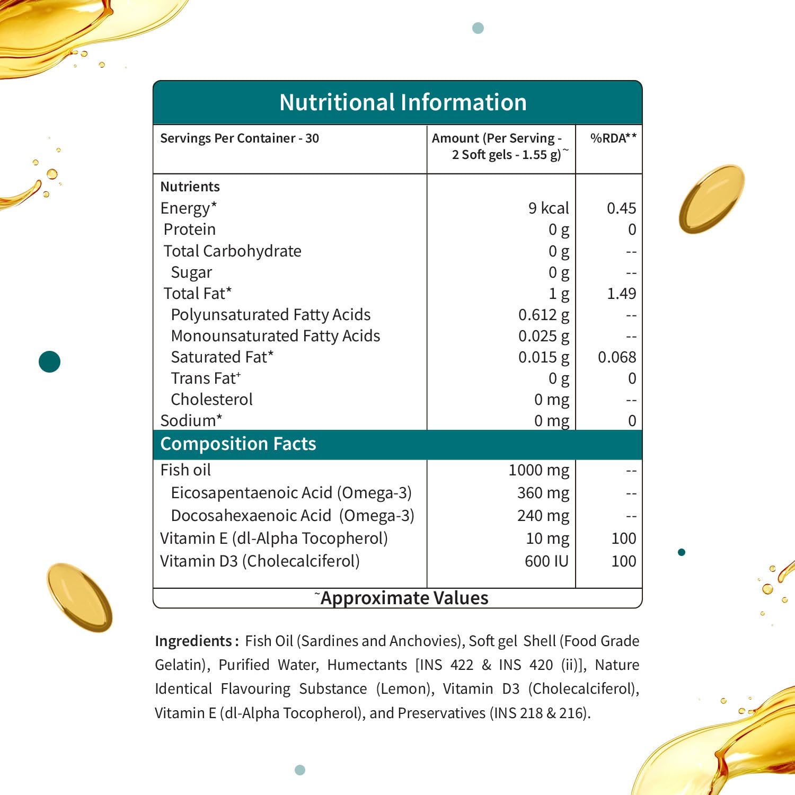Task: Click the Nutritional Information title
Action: pyautogui.click(x=403, y=102)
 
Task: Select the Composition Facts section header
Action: pyautogui.click(x=238, y=444)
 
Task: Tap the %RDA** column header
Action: pyautogui.click(x=613, y=138)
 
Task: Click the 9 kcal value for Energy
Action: pyautogui.click(x=549, y=208)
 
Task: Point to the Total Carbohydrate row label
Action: pyautogui.click(x=232, y=251)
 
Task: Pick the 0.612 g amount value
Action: pyautogui.click(x=543, y=315)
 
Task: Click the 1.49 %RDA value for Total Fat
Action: pyautogui.click(x=621, y=294)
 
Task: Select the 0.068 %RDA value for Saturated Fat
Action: pyautogui.click(x=617, y=357)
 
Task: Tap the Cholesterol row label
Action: pyautogui.click(x=211, y=400)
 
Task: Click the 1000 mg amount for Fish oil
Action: pyautogui.click(x=538, y=470)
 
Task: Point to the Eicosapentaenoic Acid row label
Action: pyautogui.click(x=291, y=493)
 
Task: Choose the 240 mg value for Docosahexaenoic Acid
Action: pyautogui.click(x=543, y=516)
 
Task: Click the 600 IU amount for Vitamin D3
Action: pyautogui.click(x=546, y=561)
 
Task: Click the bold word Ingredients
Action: pyautogui.click(x=193, y=641)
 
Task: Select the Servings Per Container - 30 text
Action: pyautogui.click(x=240, y=138)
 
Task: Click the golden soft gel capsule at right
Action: pyautogui.click(x=711, y=199)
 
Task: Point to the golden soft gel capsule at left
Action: pyautogui.click(x=79, y=597)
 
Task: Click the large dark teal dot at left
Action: pyautogui.click(x=50, y=362)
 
